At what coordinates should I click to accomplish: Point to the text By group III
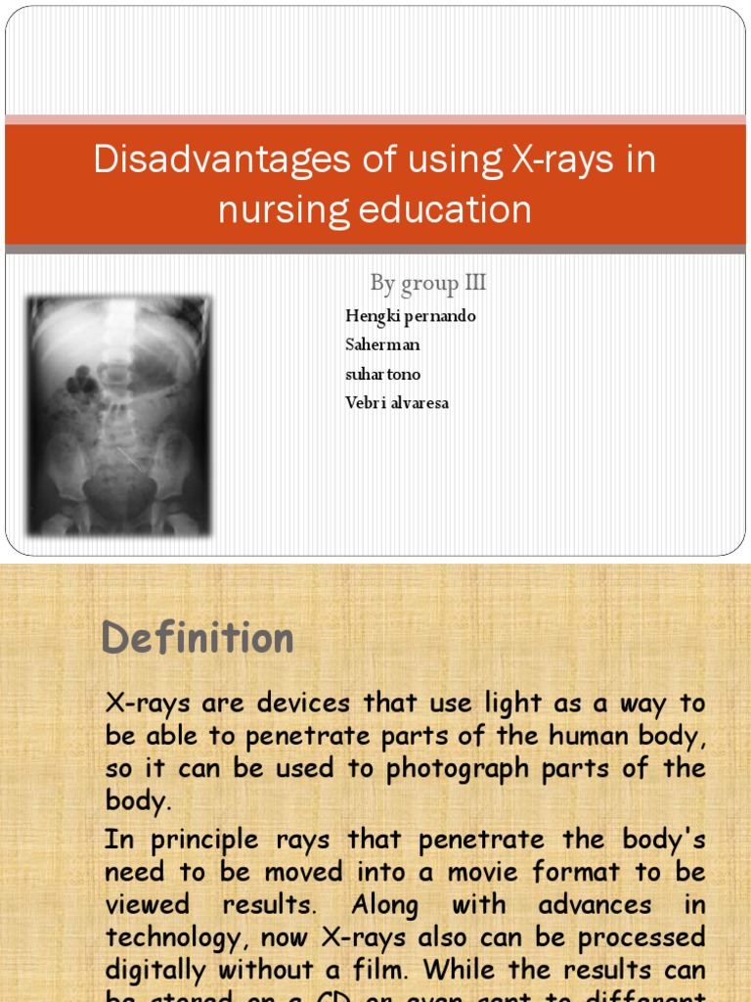click(427, 284)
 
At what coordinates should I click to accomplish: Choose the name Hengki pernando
click(411, 316)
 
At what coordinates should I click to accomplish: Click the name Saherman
click(382, 344)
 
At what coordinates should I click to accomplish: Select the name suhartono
click(383, 374)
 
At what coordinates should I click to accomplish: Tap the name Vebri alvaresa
click(397, 402)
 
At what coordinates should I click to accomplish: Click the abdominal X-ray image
click(118, 416)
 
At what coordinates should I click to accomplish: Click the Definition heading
click(198, 639)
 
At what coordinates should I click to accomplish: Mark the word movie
click(484, 872)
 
